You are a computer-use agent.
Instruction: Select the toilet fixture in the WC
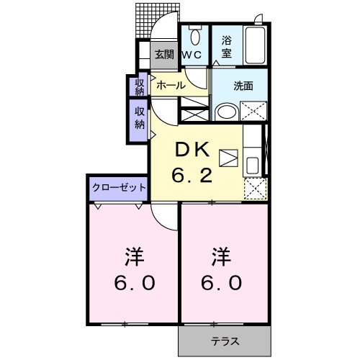point(194,37)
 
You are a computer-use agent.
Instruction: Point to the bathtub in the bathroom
point(256,46)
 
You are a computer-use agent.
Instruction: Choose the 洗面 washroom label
point(243,85)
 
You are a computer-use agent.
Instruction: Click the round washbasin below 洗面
point(226,112)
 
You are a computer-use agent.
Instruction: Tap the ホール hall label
point(171,85)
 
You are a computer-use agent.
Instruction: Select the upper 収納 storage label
point(140,85)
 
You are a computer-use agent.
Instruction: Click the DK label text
point(193,150)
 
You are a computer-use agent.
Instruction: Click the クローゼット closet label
point(119,187)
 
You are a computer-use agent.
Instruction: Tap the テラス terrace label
point(225,341)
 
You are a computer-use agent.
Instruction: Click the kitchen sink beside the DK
point(253,165)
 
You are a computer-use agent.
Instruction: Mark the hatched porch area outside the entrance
point(147,22)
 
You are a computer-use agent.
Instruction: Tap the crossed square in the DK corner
point(253,189)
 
